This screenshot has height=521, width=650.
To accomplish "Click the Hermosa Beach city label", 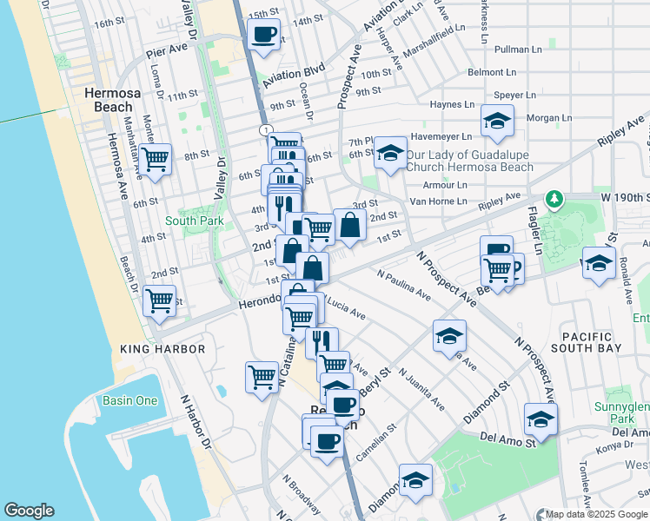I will pos(107,100).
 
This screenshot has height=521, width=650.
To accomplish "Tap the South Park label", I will pos(194,221).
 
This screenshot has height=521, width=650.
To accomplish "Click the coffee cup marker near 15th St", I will pos(263,35).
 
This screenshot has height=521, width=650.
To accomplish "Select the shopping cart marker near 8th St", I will pos(155,159).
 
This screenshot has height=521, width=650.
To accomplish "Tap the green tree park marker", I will pos(553,200).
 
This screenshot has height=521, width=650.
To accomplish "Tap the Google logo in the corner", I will pos(29,511).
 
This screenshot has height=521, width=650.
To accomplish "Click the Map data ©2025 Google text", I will pos(596,513).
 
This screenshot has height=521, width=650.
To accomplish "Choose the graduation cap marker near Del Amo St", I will pos(541,419).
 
